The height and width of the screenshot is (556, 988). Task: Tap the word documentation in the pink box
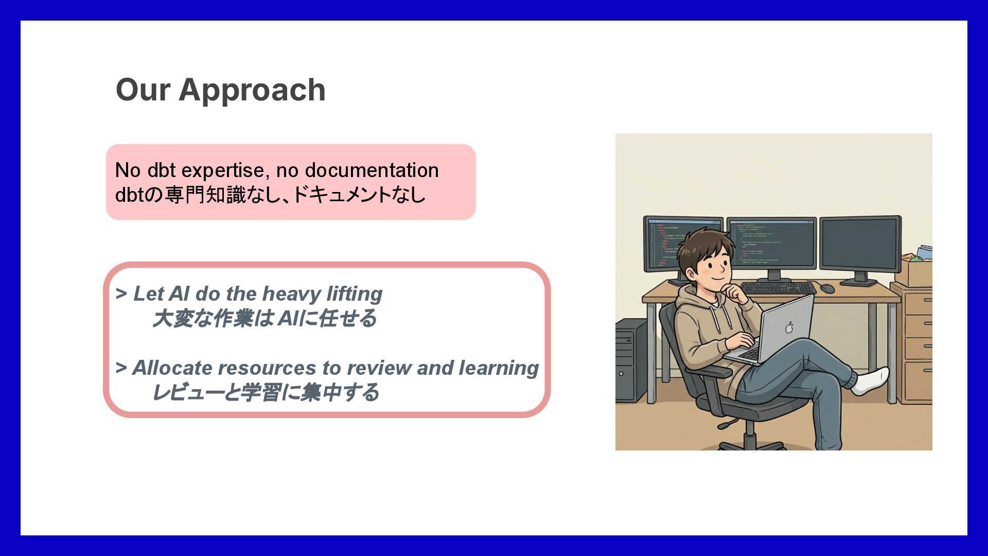pyautogui.click(x=372, y=170)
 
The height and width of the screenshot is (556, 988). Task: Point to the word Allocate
pyautogui.click(x=171, y=368)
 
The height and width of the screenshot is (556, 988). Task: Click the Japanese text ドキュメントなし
pyautogui.click(x=359, y=195)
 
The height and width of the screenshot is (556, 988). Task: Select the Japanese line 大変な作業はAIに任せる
pyautogui.click(x=264, y=319)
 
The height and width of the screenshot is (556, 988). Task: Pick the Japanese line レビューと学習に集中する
pyautogui.click(x=266, y=393)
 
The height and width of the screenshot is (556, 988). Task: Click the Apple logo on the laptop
pyautogui.click(x=789, y=327)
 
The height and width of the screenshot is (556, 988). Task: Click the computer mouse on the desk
pyautogui.click(x=827, y=288)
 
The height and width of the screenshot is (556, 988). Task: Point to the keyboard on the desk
pyautogui.click(x=778, y=288)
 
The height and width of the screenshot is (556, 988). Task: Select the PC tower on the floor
pyautogui.click(x=631, y=360)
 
